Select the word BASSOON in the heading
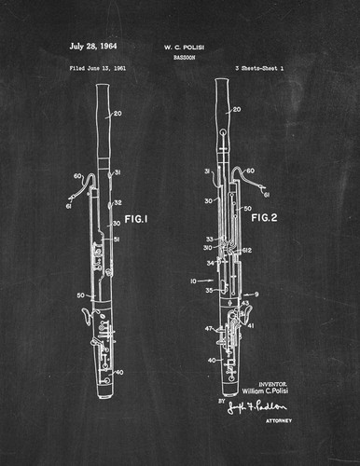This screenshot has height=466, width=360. coord(183,56)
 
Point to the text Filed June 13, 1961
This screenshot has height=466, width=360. coord(98,69)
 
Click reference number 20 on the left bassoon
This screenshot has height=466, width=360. coord(118,115)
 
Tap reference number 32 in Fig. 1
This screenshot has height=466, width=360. coord(118,202)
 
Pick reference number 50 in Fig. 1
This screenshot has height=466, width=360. coord(82,296)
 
